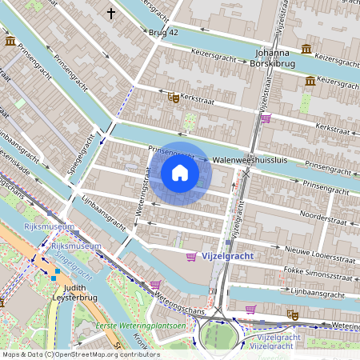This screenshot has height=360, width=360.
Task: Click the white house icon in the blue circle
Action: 180,172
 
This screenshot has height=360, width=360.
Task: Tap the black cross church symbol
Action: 111,13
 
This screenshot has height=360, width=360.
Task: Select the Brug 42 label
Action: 163,32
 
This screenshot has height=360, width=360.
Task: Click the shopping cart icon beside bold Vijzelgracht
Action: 191,257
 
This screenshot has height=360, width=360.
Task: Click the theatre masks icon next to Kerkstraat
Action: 173,98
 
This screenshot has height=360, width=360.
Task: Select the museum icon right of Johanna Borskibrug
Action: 310,81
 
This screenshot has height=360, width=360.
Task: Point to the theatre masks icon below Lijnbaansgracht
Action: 294,316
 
